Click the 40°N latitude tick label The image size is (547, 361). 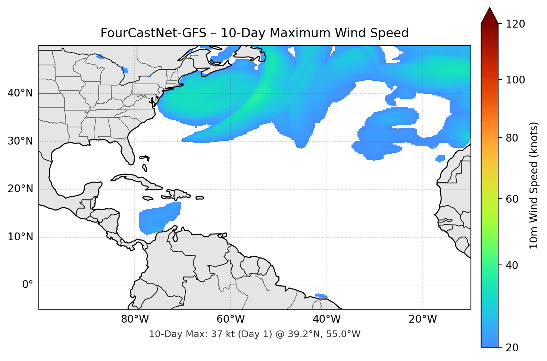20,93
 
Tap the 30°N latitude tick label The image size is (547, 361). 20,141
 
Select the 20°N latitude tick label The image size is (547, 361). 20,189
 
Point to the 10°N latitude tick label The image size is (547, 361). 20,237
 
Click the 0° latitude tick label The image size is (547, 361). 28,285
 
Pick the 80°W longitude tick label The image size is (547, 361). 135,319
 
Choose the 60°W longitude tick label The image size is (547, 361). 231,319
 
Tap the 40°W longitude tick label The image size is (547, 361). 327,319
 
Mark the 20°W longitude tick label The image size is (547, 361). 423,319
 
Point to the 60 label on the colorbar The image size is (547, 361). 512,199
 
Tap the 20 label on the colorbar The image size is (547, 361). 512,348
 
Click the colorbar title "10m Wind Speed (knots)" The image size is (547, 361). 534,186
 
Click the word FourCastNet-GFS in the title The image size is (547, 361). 153,33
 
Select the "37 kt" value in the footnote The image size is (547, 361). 222,334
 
